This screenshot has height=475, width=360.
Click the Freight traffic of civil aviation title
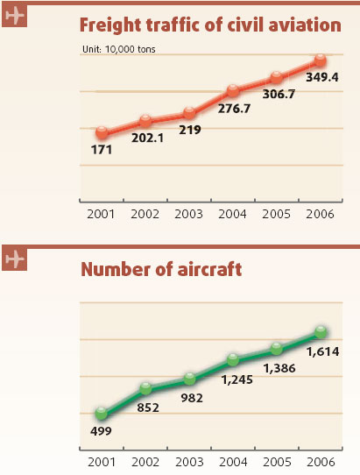(x=210, y=25)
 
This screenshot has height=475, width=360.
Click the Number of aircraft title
(x=161, y=269)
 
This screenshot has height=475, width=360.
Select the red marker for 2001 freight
(x=102, y=133)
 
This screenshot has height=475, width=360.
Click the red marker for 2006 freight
(x=321, y=60)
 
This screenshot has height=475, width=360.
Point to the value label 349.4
(x=322, y=78)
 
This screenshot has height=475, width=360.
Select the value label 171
(x=102, y=151)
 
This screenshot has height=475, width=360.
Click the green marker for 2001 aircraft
(x=102, y=414)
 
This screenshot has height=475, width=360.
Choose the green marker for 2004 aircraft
(x=233, y=359)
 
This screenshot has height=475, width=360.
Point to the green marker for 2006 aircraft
(x=321, y=332)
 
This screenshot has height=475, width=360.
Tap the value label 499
(x=102, y=431)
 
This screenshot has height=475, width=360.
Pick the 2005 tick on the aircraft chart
(x=277, y=462)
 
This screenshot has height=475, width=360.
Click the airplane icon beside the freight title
(x=15, y=18)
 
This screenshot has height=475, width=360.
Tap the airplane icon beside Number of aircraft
(x=15, y=259)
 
